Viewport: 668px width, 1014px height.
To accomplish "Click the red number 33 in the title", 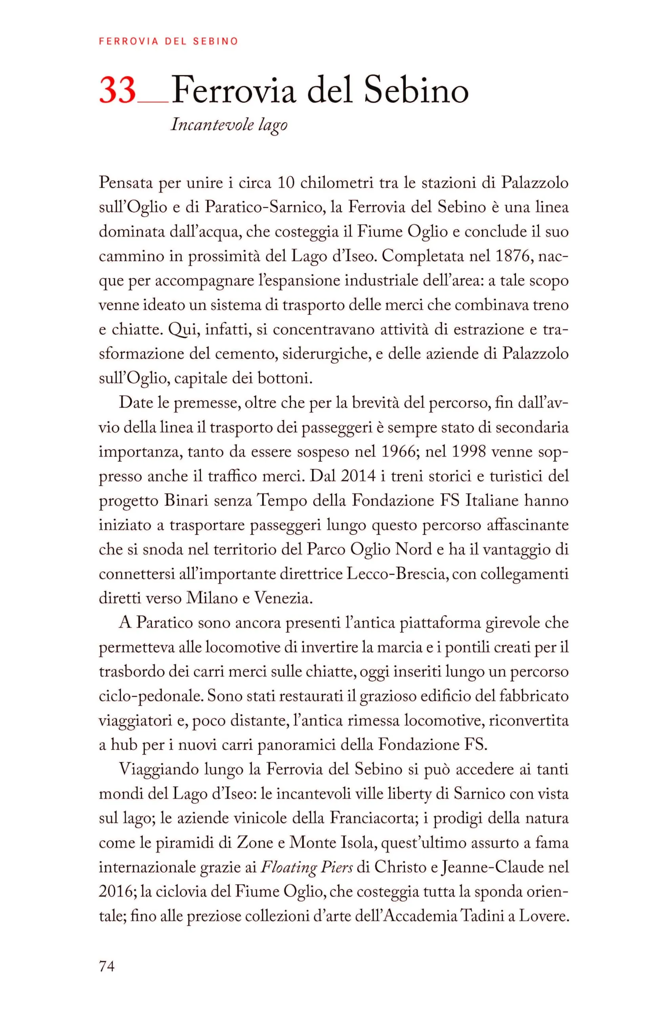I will pyautogui.click(x=118, y=91).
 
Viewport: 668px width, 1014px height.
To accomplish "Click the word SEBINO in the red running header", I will pyautogui.click(x=215, y=41).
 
